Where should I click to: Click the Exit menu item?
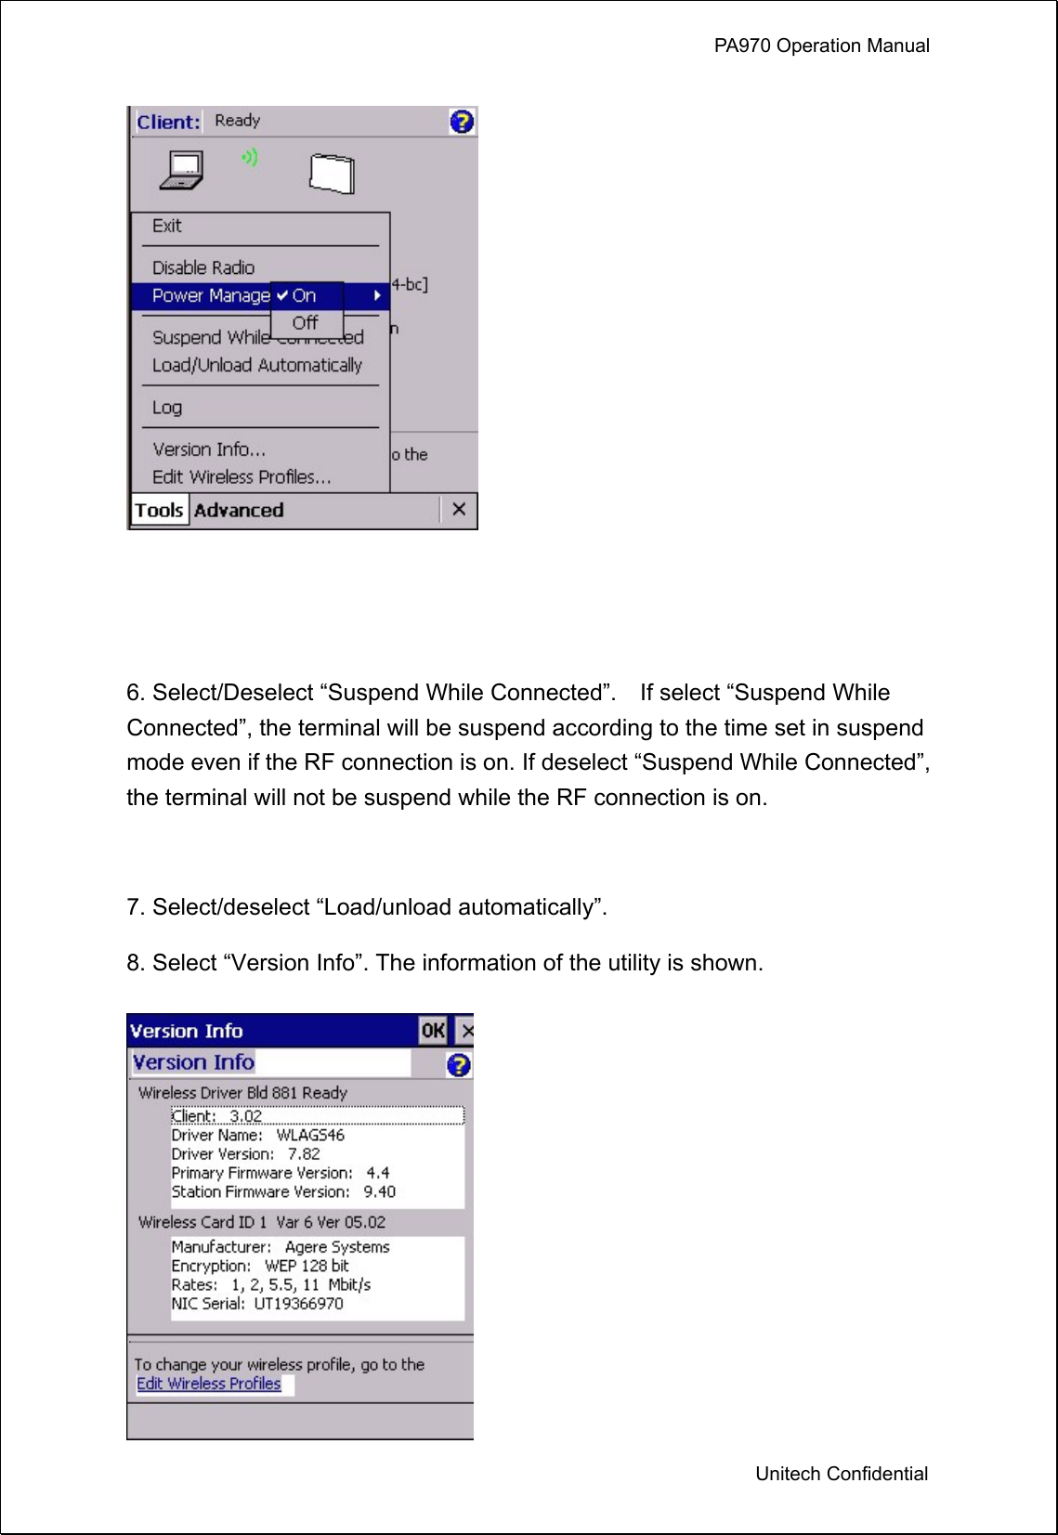coord(167,226)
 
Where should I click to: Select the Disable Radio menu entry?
coord(202,267)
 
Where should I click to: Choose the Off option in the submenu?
coord(305,323)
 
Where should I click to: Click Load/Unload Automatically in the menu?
coord(256,365)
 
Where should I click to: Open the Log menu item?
coord(167,408)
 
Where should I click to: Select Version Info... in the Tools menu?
coord(209,449)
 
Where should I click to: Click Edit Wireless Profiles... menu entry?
coord(242,477)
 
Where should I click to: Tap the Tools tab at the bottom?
coord(159,510)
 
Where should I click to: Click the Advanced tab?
coord(239,510)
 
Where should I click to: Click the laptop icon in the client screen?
coord(182,170)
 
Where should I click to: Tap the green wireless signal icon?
coord(249,158)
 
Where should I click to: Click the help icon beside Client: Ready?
coord(462,122)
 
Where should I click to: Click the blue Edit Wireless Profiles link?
coord(209,1384)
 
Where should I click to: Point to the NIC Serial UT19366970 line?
coord(257,1304)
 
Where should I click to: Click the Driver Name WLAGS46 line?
coord(257,1135)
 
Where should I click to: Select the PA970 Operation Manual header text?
coord(821,46)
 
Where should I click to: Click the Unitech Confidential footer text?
coord(841,1474)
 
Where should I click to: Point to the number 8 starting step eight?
coord(134,963)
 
